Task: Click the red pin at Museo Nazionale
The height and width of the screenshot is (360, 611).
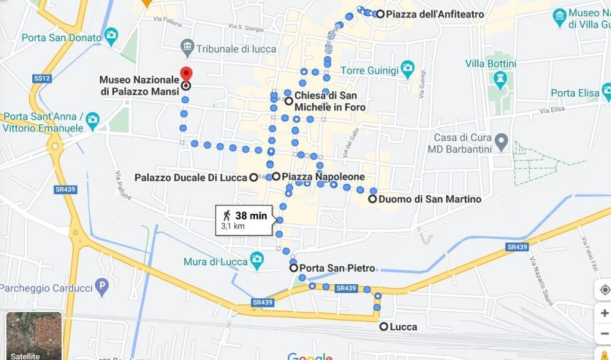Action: click(186, 74)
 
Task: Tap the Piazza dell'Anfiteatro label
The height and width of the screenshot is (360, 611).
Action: click(435, 14)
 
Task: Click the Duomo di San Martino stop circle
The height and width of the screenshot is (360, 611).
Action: click(372, 199)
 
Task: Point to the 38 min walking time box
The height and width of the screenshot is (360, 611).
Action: click(245, 220)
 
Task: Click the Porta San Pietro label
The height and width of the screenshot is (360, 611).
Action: click(337, 268)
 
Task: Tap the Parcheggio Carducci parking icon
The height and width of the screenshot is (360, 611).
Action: click(103, 288)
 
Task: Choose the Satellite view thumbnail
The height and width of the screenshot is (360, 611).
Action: click(34, 336)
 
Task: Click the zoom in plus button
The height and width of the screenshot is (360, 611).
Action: click(604, 312)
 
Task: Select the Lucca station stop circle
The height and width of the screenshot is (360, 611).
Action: click(383, 327)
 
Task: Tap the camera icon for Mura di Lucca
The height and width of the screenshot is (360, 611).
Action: click(257, 259)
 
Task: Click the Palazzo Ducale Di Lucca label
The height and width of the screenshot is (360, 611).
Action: click(190, 177)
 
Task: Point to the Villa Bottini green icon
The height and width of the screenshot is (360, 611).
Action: click(499, 79)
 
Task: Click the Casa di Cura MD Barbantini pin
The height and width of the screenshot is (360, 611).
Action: click(502, 143)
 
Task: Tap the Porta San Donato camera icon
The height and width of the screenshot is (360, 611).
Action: click(111, 36)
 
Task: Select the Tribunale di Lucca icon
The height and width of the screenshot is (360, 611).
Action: click(187, 47)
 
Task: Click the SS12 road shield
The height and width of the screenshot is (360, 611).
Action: click(41, 78)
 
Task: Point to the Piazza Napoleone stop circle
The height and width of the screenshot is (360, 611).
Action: click(276, 177)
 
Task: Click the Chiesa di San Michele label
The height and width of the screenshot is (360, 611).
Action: click(329, 101)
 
